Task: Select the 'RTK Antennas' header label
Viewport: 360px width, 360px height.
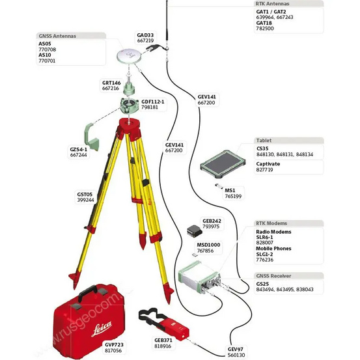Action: click(x=271, y=3)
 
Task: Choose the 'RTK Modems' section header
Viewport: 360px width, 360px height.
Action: click(x=271, y=223)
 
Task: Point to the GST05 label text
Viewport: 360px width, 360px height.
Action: click(x=85, y=194)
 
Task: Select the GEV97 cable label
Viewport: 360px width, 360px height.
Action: click(x=236, y=348)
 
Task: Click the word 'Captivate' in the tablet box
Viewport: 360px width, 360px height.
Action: click(x=268, y=163)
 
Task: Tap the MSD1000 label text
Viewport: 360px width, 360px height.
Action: click(x=208, y=244)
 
